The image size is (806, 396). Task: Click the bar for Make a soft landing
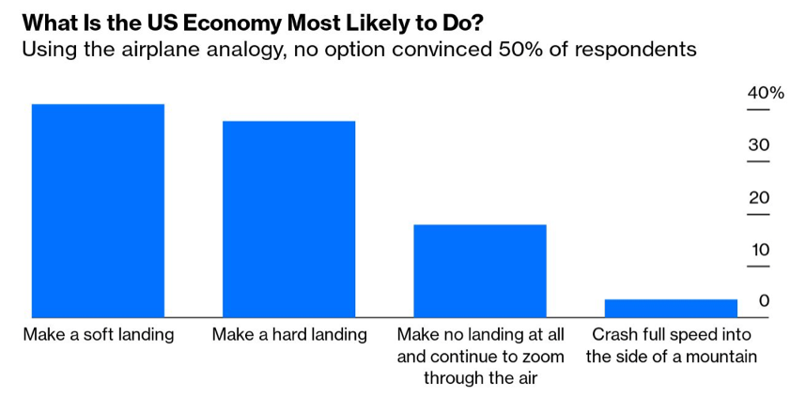98,211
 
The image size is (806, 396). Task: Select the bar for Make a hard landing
288,220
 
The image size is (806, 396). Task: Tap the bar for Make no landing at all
479,271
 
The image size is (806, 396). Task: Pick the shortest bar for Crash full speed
671,309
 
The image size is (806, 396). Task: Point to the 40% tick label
765,93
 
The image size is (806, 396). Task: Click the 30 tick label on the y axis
759,145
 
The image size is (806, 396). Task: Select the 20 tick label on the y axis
759,198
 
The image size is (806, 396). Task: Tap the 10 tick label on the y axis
759,250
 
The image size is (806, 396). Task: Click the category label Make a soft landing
99,335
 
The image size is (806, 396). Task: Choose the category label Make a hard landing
289,335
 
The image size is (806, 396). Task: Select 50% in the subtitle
503,49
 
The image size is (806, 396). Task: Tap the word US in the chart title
141,22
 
